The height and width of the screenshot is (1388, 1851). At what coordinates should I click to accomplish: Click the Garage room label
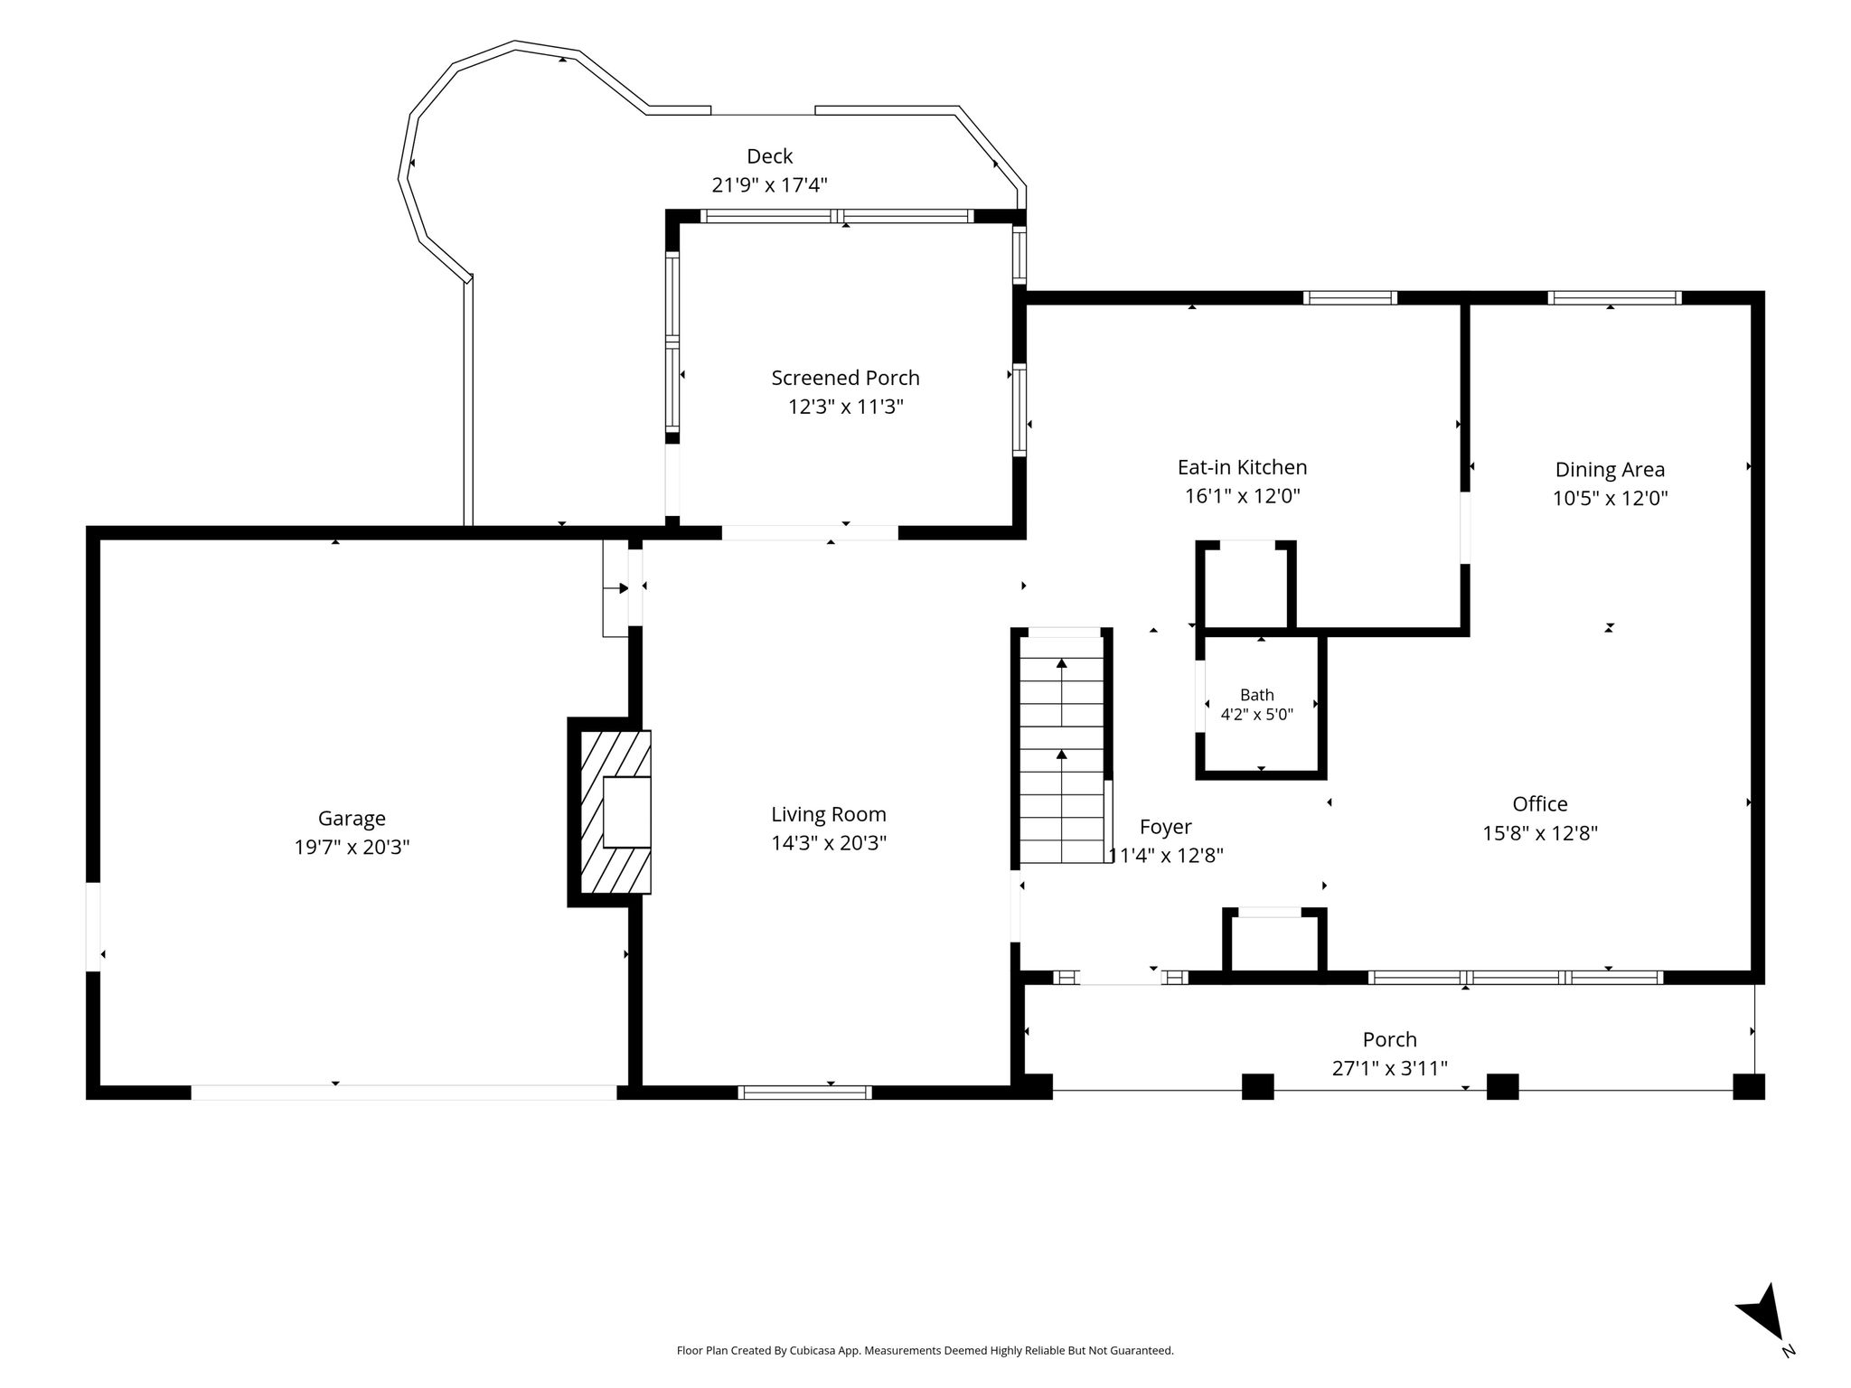(352, 819)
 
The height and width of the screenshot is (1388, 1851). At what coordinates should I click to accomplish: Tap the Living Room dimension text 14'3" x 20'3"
(829, 843)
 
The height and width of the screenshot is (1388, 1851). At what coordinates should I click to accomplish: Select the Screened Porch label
(846, 378)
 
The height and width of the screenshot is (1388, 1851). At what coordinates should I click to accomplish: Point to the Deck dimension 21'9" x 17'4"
(770, 185)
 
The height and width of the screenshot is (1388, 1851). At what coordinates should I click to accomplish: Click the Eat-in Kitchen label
(1243, 467)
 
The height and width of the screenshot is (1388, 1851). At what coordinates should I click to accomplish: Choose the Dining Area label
(1610, 470)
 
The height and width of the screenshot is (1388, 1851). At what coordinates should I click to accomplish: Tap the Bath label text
(1257, 695)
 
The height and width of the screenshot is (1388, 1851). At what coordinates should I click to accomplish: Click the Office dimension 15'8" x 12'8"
(1540, 833)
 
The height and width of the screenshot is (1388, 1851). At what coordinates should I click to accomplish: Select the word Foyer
(1166, 827)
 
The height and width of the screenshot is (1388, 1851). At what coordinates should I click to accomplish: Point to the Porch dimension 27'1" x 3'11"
(1390, 1068)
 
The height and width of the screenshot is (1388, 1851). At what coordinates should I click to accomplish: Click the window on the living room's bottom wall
(804, 1093)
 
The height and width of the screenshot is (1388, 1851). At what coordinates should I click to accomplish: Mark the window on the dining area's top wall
(1614, 297)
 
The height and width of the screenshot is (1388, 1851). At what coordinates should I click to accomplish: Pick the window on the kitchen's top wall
(1350, 297)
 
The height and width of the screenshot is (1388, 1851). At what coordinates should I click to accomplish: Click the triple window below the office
(1516, 977)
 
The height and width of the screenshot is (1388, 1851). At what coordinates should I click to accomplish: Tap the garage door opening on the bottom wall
(404, 1093)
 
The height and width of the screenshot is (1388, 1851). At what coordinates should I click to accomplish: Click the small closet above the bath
(1246, 586)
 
